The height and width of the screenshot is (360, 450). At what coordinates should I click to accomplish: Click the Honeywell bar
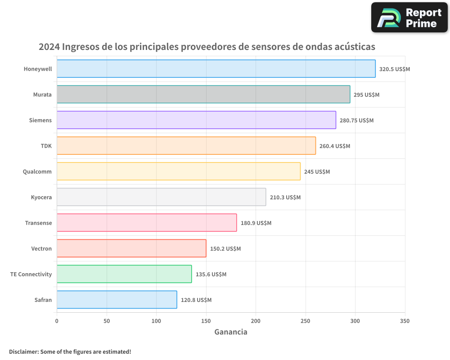coord(216,69)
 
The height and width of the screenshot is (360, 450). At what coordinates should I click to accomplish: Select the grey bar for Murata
coord(203,94)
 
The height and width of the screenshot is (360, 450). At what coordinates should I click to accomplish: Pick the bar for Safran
coord(117,300)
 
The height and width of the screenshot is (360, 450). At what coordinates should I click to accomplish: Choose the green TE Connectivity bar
coord(124,274)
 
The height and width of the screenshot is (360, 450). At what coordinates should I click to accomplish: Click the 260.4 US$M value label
coord(335,146)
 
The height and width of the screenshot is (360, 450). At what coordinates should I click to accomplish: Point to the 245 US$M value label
coord(317,172)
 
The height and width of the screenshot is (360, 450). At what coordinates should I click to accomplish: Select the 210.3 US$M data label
coord(285,198)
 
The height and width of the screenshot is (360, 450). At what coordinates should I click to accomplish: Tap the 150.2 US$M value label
coord(225,249)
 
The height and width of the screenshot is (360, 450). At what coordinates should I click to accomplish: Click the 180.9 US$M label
coord(256,223)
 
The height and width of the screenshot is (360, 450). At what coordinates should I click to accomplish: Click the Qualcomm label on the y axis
coord(37,172)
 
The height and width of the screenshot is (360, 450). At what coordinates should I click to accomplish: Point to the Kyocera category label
coord(41,198)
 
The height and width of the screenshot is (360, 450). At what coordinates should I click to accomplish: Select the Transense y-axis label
coord(38,223)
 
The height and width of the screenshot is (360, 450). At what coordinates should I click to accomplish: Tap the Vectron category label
coord(41,249)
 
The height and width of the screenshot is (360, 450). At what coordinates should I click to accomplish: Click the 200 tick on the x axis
coord(256,321)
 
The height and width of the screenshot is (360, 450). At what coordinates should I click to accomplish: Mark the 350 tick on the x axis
coord(405,321)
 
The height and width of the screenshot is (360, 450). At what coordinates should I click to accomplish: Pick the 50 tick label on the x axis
coord(107,321)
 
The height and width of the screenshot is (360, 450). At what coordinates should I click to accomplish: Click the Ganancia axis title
coord(231,332)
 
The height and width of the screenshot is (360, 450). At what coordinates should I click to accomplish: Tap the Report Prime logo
coord(409,18)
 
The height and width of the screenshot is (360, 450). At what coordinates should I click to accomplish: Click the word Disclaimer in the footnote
coord(23,351)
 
